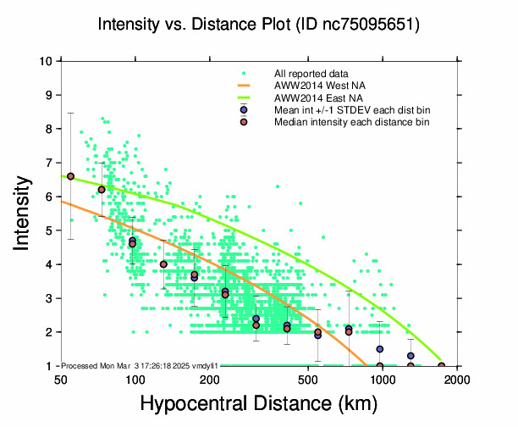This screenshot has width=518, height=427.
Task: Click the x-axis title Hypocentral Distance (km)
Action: pyautogui.click(x=259, y=404)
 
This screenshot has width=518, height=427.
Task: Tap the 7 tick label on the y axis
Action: pyautogui.click(x=49, y=163)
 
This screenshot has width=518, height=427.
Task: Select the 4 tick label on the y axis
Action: pyautogui.click(x=49, y=264)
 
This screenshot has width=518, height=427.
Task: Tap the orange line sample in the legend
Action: pyautogui.click(x=243, y=86)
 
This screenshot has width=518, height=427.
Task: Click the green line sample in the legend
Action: pyautogui.click(x=243, y=98)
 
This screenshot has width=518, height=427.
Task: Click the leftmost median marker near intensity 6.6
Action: pyautogui.click(x=71, y=176)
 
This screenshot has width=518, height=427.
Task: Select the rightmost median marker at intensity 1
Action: pyautogui.click(x=441, y=366)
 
